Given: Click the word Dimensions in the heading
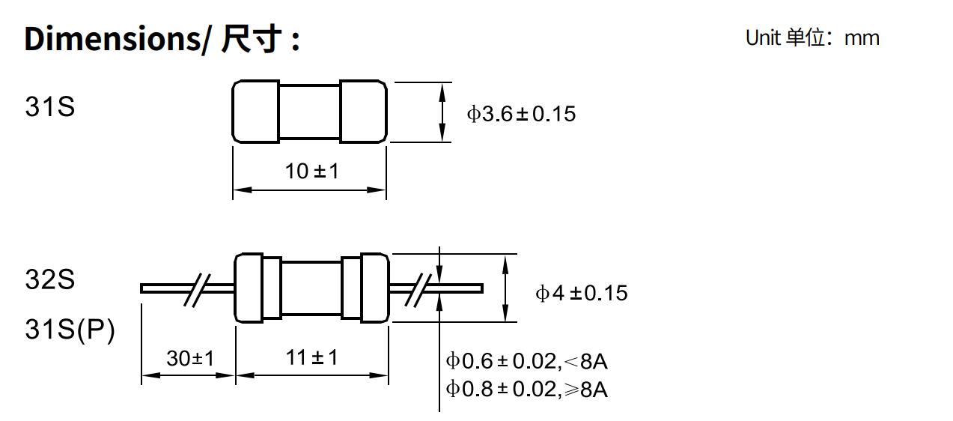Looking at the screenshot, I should coord(112,39).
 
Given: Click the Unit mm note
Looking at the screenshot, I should coord(812,38).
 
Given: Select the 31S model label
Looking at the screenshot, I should coord(50,108).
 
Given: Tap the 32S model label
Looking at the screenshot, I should coord(50,280).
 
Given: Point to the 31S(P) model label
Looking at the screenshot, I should coord(70,329).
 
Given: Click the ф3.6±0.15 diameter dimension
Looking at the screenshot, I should coord(522,114).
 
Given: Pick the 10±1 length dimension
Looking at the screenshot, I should coord(311,172).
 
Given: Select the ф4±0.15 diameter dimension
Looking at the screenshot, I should coord(581,293).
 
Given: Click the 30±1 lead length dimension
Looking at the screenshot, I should coord(189,358).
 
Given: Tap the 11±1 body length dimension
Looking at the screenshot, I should coord(311,358).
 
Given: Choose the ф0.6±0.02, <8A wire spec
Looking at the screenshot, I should coord(527,362).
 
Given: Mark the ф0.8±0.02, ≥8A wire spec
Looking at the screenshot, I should coord(527,390).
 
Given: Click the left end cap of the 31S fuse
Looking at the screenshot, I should coord(255,111).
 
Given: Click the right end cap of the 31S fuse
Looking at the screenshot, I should coord(364,111).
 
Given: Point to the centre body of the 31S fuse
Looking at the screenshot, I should coord(309,111).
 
